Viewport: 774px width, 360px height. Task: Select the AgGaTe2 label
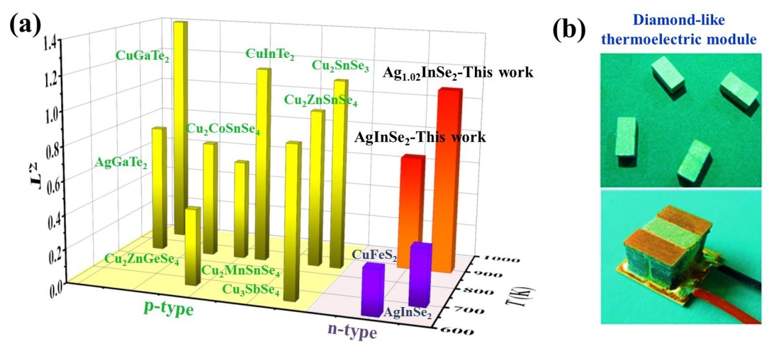click(122, 163)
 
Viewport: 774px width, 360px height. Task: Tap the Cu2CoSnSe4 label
click(223, 129)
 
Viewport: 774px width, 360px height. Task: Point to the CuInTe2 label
click(270, 54)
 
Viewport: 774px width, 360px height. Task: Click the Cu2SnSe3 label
click(340, 65)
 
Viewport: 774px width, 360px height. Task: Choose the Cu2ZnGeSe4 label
click(141, 259)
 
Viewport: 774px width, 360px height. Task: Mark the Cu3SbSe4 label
click(251, 290)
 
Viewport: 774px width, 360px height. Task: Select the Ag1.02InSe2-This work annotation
click(458, 73)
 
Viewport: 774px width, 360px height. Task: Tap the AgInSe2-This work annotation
click(420, 138)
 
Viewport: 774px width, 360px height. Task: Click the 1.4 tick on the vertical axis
click(51, 42)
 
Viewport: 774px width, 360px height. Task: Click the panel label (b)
click(569, 30)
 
